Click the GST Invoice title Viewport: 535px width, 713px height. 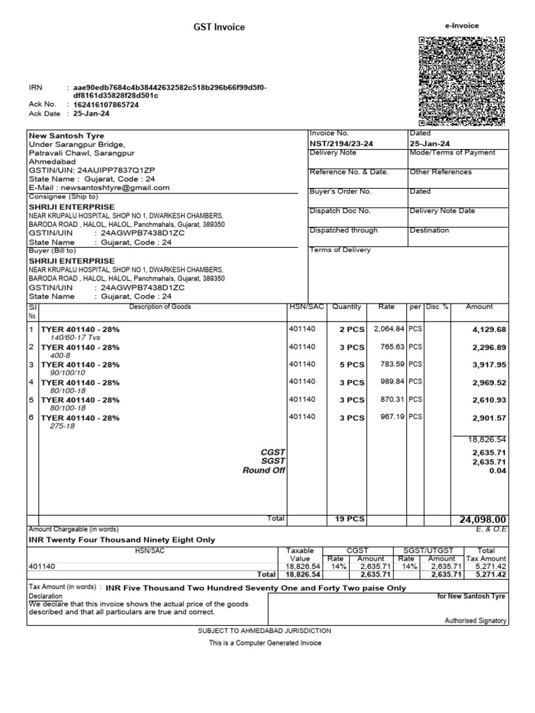(x=219, y=27)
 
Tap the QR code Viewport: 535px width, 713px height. (x=461, y=81)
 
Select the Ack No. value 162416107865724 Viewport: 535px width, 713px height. (x=106, y=104)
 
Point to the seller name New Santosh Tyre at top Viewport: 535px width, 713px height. (x=66, y=136)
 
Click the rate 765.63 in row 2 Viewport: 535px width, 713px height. (x=389, y=346)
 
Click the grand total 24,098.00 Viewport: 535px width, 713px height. (x=482, y=519)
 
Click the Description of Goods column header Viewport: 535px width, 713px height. (x=160, y=306)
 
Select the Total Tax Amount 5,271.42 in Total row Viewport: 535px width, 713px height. (x=490, y=575)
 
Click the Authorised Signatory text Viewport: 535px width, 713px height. (x=476, y=620)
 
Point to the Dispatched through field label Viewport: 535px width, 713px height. (x=343, y=230)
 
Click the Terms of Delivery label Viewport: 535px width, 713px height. (x=340, y=250)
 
